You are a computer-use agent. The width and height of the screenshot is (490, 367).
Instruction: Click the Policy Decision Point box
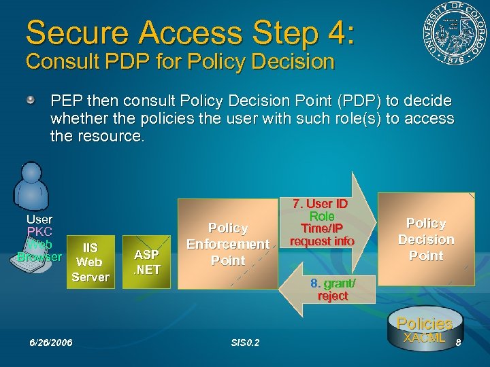point(425,239)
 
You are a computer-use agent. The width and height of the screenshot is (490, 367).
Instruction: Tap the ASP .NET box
point(146,261)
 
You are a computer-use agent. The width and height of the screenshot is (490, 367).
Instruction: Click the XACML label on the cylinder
point(424,338)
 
